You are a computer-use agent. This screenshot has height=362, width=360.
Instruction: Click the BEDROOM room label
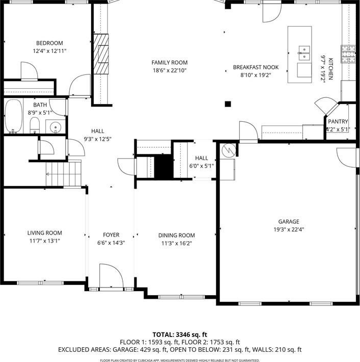[49, 43]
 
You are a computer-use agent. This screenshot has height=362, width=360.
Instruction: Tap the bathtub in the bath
[14, 116]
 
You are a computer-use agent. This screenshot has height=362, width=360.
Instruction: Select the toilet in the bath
[35, 125]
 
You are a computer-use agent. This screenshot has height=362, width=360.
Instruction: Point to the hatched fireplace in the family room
[101, 54]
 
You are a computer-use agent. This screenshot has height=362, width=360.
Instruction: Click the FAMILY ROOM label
[170, 63]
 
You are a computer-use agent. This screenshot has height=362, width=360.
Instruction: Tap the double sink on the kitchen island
[304, 53]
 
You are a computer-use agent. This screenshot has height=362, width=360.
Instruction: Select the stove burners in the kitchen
[348, 54]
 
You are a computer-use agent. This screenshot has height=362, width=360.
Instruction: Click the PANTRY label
[338, 121]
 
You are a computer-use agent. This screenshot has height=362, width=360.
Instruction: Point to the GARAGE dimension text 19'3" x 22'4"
[289, 229]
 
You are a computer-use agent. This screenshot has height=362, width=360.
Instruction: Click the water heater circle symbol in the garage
[229, 150]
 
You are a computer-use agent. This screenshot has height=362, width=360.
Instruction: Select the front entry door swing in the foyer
[112, 275]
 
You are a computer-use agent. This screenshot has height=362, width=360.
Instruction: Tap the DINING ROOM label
[176, 235]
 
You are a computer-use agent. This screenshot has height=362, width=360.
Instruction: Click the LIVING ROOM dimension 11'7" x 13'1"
[45, 241]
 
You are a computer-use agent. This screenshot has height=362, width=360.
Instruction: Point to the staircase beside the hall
[64, 174]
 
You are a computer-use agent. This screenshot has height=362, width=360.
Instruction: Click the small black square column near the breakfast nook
[228, 104]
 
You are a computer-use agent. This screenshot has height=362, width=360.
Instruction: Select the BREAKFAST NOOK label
[256, 67]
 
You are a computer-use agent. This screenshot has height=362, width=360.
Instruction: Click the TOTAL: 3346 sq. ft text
[180, 334]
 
